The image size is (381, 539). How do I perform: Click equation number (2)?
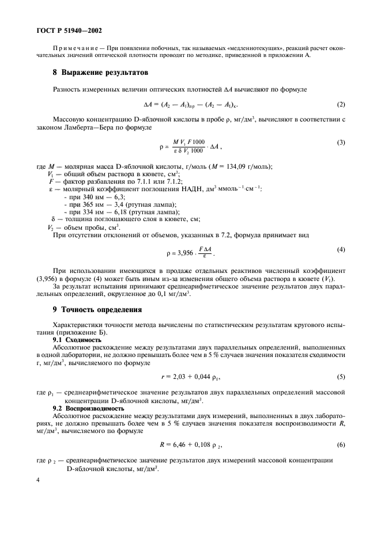[341, 104]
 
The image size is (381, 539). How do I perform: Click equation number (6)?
[341, 445]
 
